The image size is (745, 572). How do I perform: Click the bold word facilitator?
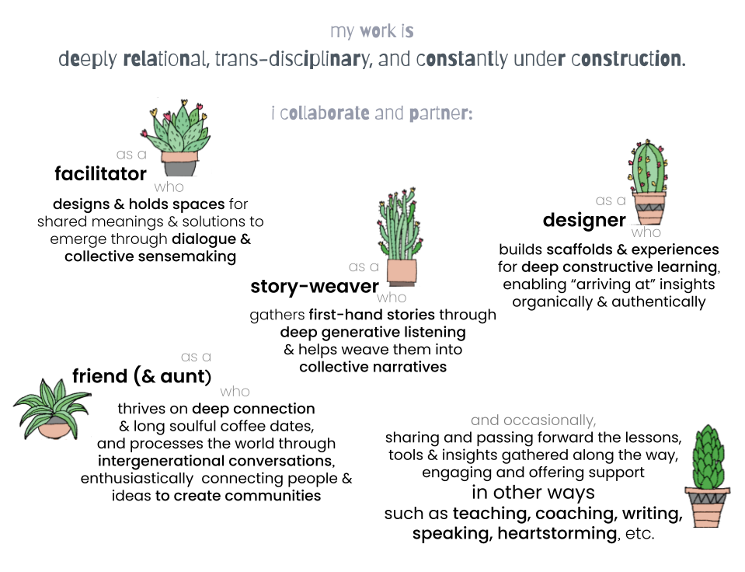point(100,174)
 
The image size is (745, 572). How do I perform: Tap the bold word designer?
point(584,220)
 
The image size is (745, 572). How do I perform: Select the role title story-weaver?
point(315,286)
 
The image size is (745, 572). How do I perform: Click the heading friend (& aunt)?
point(141,377)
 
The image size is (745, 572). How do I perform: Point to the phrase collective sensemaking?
point(150,256)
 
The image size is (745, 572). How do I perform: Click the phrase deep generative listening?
point(373,332)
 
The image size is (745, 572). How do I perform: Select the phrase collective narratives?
point(373,366)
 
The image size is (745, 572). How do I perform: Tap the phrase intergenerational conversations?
point(211,461)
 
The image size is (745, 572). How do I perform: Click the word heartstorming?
point(557,534)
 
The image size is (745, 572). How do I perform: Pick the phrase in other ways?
point(533,493)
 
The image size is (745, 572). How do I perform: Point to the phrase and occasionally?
point(533,420)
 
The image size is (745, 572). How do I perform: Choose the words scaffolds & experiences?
point(632,249)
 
